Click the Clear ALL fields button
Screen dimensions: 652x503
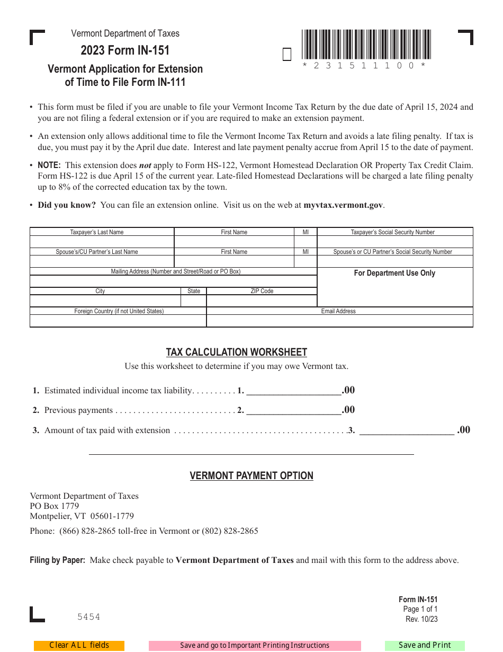[x=79, y=645]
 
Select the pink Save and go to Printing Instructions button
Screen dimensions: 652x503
[x=255, y=646]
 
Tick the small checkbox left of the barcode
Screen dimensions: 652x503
[x=287, y=55]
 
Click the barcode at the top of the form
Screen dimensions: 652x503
[x=366, y=45]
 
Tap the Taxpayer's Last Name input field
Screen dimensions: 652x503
[x=102, y=242]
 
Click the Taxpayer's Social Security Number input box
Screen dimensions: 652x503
[x=394, y=242]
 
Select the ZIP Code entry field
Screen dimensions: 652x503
[x=262, y=301]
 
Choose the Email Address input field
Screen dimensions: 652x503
[x=339, y=321]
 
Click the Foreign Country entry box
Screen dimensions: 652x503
[x=118, y=321]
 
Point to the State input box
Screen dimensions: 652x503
[x=194, y=301]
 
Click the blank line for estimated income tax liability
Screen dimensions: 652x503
[x=294, y=391]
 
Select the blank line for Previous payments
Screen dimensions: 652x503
[x=294, y=410]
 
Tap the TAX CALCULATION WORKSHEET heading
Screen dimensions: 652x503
[x=237, y=353]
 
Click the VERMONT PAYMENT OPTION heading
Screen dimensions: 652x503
[x=251, y=476]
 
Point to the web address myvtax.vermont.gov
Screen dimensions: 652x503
[x=343, y=205]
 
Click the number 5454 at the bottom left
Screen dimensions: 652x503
[x=88, y=616]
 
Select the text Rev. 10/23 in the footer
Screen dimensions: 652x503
[x=421, y=619]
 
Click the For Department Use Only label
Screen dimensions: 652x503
[x=394, y=273]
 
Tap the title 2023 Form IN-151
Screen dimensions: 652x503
[x=125, y=51]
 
